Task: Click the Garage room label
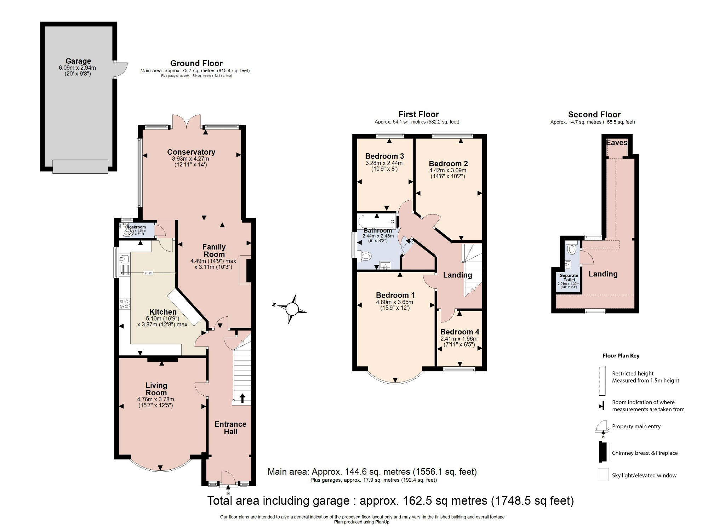tap(78, 61)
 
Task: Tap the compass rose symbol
tap(292, 309)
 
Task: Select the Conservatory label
tap(191, 152)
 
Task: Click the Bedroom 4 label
tap(459, 332)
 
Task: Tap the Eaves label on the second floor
tap(617, 143)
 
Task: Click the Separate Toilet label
tap(569, 277)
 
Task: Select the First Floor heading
tap(418, 114)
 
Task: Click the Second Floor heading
tap(594, 115)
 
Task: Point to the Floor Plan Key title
tap(621, 356)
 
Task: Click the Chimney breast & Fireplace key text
tap(645, 453)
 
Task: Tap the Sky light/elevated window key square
tap(603, 475)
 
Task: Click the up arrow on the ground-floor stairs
tap(242, 398)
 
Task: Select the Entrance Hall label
tap(230, 428)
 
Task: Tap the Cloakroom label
tap(136, 227)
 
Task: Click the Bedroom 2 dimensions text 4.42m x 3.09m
tap(448, 170)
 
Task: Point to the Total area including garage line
tap(390, 501)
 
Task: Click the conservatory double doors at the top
tap(187, 121)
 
